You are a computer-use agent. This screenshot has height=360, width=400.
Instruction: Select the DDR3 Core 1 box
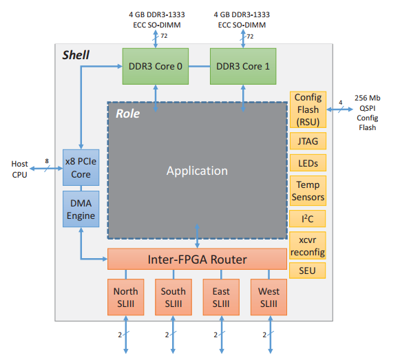coord(243,66)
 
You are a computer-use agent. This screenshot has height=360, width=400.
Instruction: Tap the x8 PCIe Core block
coord(81,167)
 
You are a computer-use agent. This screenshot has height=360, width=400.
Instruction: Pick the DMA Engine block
coord(81,209)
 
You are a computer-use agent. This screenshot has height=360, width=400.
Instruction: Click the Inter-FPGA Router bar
coord(197,259)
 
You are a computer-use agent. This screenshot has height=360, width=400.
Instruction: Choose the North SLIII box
coord(126,297)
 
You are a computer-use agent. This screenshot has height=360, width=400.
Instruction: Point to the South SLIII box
coord(173,297)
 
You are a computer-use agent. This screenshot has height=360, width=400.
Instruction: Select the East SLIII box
coord(221,297)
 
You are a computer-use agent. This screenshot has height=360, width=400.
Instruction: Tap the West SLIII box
coord(269,297)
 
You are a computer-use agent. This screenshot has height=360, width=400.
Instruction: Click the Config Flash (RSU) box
coord(308,109)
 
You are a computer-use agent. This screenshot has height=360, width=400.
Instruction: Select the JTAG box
coord(308,142)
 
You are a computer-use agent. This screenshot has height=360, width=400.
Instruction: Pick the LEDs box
coord(308,164)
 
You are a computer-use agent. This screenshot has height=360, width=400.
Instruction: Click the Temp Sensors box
coord(308,191)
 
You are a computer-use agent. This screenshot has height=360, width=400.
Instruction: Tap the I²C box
coord(308,219)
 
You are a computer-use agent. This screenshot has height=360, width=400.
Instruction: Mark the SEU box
coord(308,270)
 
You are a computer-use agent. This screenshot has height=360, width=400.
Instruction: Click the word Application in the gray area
coord(197,171)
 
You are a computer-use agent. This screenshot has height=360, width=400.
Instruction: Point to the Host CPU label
coord(20,169)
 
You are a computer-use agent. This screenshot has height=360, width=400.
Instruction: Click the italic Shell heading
coord(76,55)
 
